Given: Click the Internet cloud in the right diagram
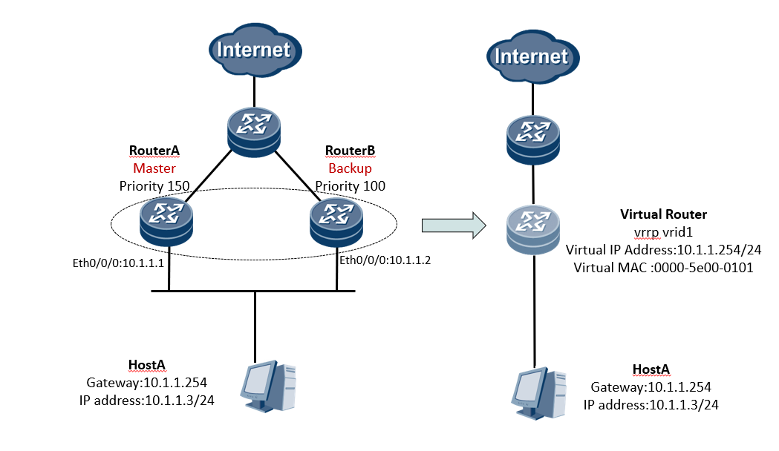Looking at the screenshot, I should tap(531, 56).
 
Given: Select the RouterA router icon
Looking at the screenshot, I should tap(170, 220).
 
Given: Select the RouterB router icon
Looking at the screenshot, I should tap(338, 220).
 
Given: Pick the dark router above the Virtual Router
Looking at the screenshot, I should tap(532, 139).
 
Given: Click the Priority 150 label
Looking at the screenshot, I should tap(154, 185).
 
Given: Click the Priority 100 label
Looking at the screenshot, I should tap(351, 185).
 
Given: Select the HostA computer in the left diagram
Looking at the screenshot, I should tap(267, 385).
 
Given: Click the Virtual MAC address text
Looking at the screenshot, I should tap(663, 268).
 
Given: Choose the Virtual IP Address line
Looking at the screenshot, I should tap(663, 250).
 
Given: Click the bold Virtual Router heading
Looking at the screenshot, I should tap(663, 214).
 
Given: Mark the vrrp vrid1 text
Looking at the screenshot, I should tap(663, 232).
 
